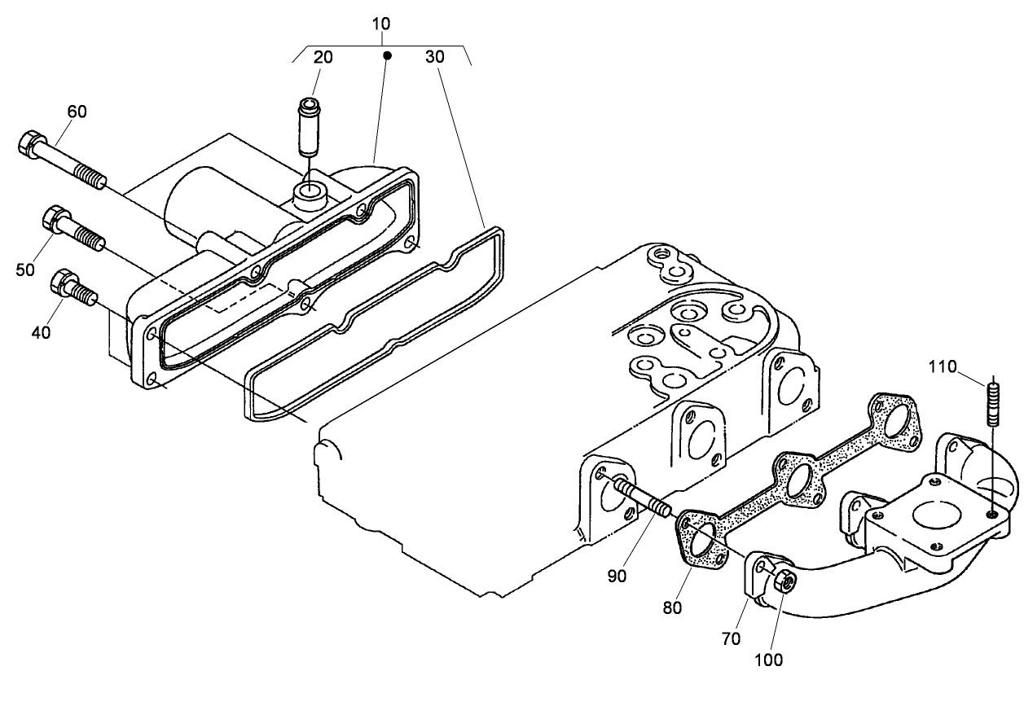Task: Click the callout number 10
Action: coord(381,24)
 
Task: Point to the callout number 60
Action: coord(77,112)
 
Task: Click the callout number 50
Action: coord(25,270)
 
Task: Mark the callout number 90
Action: coord(617,576)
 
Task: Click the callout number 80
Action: coord(672,607)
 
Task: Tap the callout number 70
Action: coord(732,638)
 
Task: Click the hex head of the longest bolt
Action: coord(30,144)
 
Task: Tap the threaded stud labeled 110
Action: coord(992,402)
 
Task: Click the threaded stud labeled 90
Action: coord(644,498)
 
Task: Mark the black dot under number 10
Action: coord(388,55)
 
